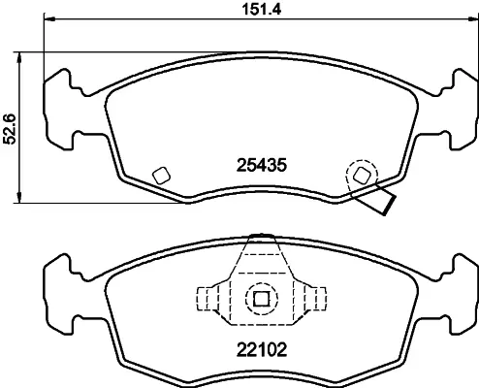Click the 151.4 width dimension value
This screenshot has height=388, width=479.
tap(262, 9)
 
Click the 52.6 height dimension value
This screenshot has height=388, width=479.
tap(10, 129)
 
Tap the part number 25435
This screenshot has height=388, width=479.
tap(262, 165)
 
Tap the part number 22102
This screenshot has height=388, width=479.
tap(262, 349)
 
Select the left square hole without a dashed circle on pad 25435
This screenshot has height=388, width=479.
tap(161, 176)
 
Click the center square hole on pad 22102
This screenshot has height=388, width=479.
tap(261, 299)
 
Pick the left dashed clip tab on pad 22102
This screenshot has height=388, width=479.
tap(208, 299)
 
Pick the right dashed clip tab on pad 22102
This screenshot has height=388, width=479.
tap(315, 299)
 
